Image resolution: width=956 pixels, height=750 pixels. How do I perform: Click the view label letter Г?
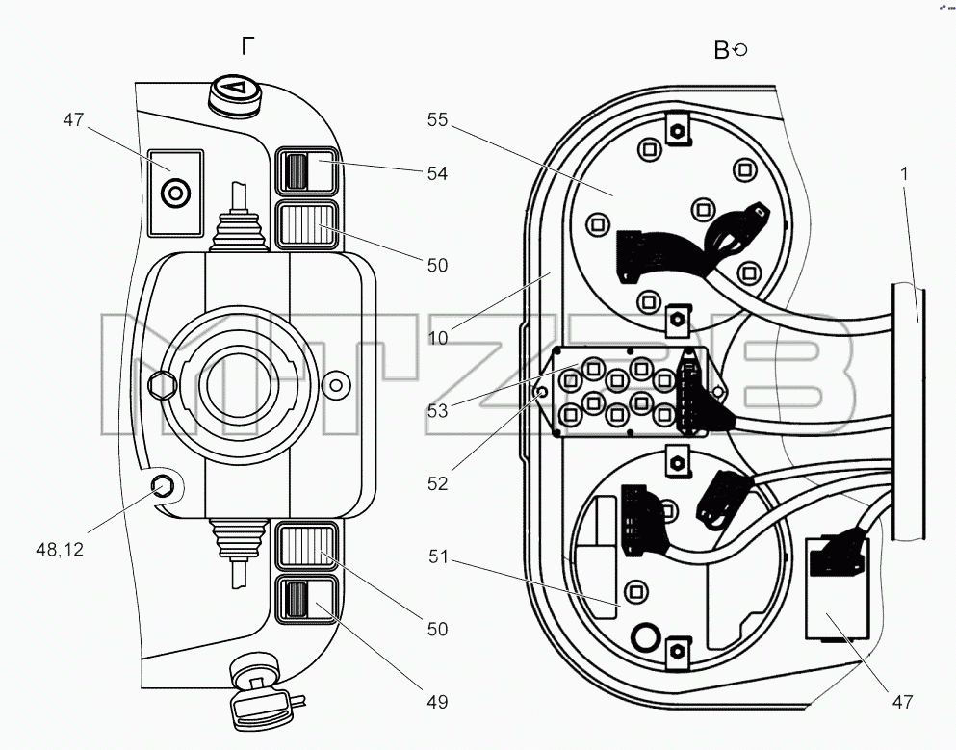coord(247,45)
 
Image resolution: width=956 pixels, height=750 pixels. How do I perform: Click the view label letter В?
coord(721,50)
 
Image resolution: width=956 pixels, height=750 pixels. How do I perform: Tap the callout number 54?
coord(437,173)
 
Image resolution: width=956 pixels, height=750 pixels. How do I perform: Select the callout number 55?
coord(437,119)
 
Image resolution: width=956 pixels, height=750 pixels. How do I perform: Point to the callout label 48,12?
coord(60,550)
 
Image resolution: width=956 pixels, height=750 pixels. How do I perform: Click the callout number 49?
coord(437,702)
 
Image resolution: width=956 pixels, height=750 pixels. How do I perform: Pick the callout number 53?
coord(437,411)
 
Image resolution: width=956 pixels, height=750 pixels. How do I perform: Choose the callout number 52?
coord(437,483)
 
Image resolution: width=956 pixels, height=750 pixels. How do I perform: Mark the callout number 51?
coord(438,556)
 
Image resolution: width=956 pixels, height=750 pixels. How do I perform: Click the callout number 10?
coord(438,338)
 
